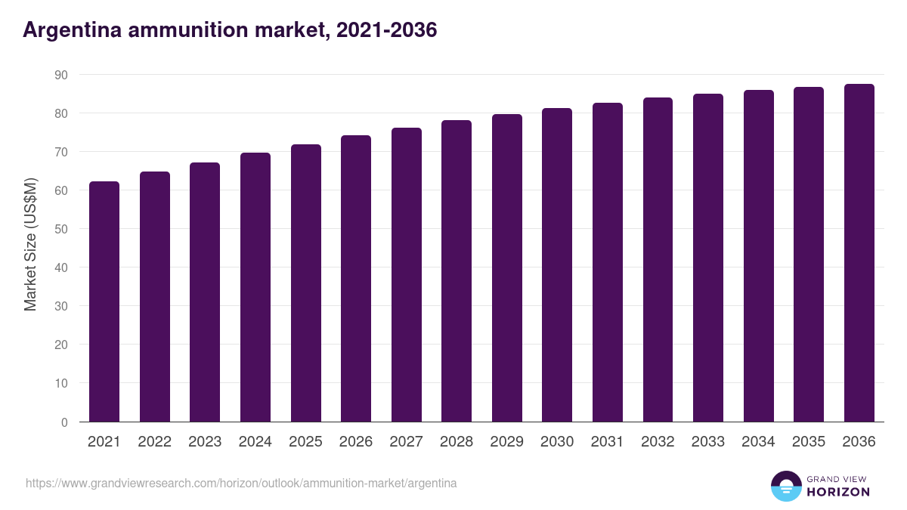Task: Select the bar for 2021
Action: pos(104,302)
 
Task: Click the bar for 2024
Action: pos(255,287)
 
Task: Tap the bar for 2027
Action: pos(407,275)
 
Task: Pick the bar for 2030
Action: pos(557,265)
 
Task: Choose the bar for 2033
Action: pos(708,258)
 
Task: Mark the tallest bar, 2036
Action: pos(859,253)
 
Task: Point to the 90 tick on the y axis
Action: pos(60,75)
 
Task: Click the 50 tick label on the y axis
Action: pos(60,229)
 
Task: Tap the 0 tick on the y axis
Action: pos(64,422)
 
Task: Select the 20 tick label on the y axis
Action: pos(60,345)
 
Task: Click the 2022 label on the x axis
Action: pos(154,442)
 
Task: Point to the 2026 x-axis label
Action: pos(356,442)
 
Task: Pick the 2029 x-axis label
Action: pos(506,442)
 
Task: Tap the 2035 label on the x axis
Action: pos(809,442)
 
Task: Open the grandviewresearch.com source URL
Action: pos(241,483)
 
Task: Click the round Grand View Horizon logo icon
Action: pos(785,487)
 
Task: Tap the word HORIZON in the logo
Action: pos(838,492)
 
